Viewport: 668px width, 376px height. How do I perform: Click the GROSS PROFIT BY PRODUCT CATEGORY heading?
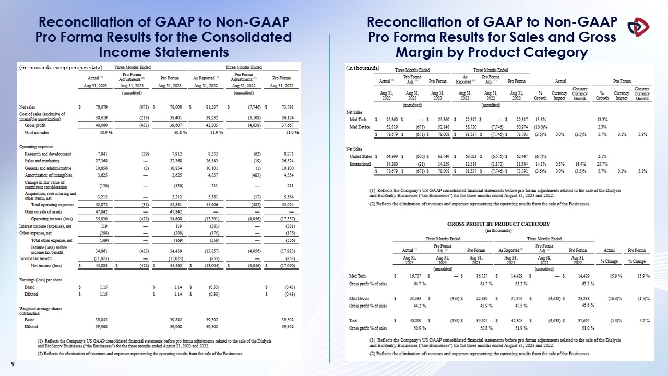pyautogui.click(x=498, y=224)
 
